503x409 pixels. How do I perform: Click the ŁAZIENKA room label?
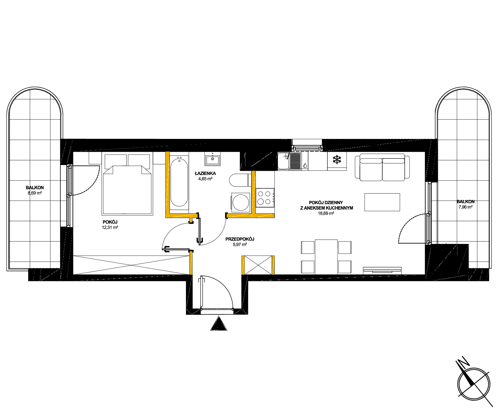point(205,174)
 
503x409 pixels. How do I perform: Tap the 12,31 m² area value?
point(110,227)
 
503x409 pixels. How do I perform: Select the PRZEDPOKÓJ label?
point(240,239)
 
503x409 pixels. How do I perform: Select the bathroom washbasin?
point(213,159)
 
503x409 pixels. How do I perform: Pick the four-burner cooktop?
point(265,197)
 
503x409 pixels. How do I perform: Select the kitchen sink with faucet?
point(289,161)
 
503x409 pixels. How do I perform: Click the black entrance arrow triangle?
point(219,323)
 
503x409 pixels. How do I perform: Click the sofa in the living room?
point(382,167)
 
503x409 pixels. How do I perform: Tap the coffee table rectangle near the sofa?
point(382,202)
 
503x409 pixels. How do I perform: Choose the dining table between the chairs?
point(326,257)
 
